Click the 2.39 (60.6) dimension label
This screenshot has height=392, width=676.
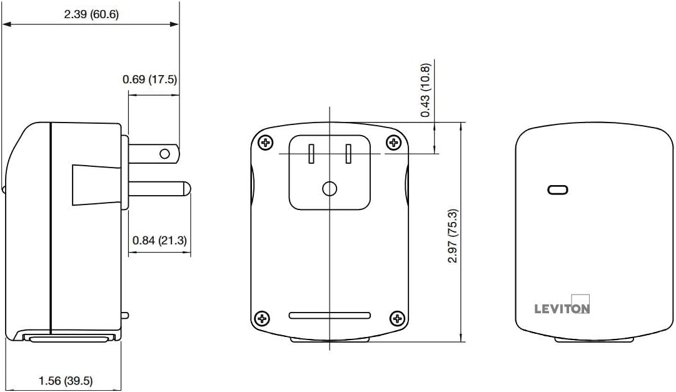pyautogui.click(x=91, y=14)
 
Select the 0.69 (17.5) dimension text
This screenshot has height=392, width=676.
pyautogui.click(x=149, y=79)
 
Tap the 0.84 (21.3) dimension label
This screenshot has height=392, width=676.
pyautogui.click(x=159, y=240)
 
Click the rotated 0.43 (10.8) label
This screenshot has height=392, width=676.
pyautogui.click(x=425, y=90)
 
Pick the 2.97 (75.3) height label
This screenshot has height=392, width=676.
pyautogui.click(x=453, y=236)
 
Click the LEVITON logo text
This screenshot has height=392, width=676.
pyautogui.click(x=562, y=309)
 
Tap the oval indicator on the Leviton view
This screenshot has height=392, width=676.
pyautogui.click(x=557, y=189)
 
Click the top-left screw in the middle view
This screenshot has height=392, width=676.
pyautogui.click(x=266, y=143)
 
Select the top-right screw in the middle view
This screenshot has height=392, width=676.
pyautogui.click(x=393, y=143)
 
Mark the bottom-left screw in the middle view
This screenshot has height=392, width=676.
pyautogui.click(x=262, y=319)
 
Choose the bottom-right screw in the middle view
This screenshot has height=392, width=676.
pyautogui.click(x=397, y=319)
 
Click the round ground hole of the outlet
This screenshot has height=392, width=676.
pyautogui.click(x=330, y=189)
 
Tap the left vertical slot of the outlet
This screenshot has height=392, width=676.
pyautogui.click(x=311, y=154)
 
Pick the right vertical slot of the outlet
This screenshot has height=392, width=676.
pyautogui.click(x=348, y=154)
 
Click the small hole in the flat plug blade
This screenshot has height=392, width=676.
pyautogui.click(x=164, y=154)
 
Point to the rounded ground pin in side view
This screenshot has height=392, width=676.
pyautogui.click(x=159, y=189)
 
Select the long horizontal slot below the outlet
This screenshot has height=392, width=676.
pyautogui.click(x=330, y=316)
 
